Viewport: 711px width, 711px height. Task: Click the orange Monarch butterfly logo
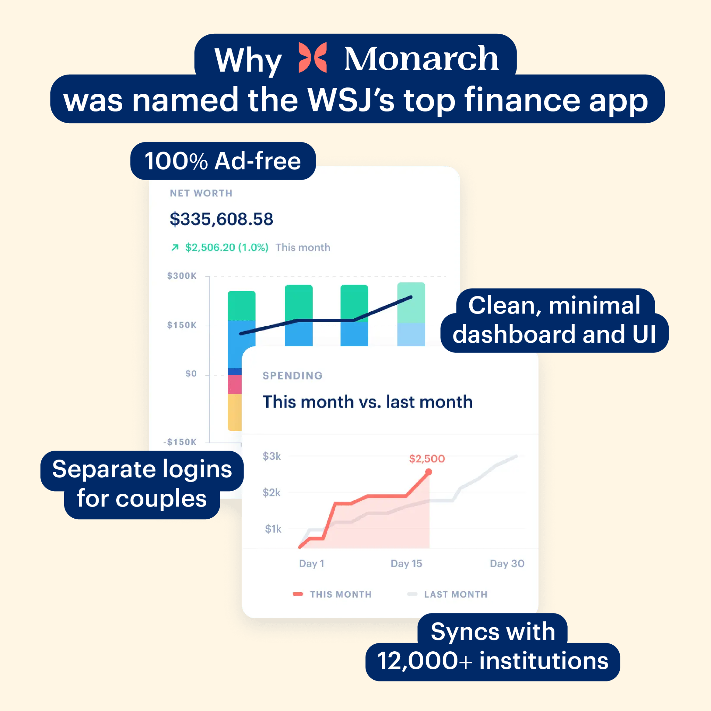(x=312, y=57)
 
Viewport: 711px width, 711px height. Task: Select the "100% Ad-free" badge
(x=223, y=161)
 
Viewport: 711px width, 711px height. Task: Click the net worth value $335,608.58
(x=221, y=219)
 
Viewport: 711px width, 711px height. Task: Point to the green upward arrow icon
(x=175, y=247)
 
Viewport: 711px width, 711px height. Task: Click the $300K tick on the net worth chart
(x=182, y=276)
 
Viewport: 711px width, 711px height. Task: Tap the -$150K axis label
(x=180, y=442)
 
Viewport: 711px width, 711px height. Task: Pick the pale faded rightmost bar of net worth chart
(x=411, y=314)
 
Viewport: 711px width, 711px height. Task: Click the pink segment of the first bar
(x=235, y=385)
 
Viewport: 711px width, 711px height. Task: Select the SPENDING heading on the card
(x=293, y=375)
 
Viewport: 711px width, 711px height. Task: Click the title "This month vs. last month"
(x=367, y=402)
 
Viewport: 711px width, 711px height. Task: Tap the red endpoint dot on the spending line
(x=428, y=472)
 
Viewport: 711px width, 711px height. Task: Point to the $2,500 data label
(x=427, y=459)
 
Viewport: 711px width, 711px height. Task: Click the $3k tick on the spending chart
(x=271, y=456)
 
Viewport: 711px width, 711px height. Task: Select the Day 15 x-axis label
(x=406, y=563)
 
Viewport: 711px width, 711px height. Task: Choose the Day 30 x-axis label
(x=507, y=563)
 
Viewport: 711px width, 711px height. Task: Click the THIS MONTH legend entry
(x=332, y=594)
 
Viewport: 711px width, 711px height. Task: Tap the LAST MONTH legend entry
(x=447, y=594)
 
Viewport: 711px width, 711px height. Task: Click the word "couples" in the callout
(x=161, y=499)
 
